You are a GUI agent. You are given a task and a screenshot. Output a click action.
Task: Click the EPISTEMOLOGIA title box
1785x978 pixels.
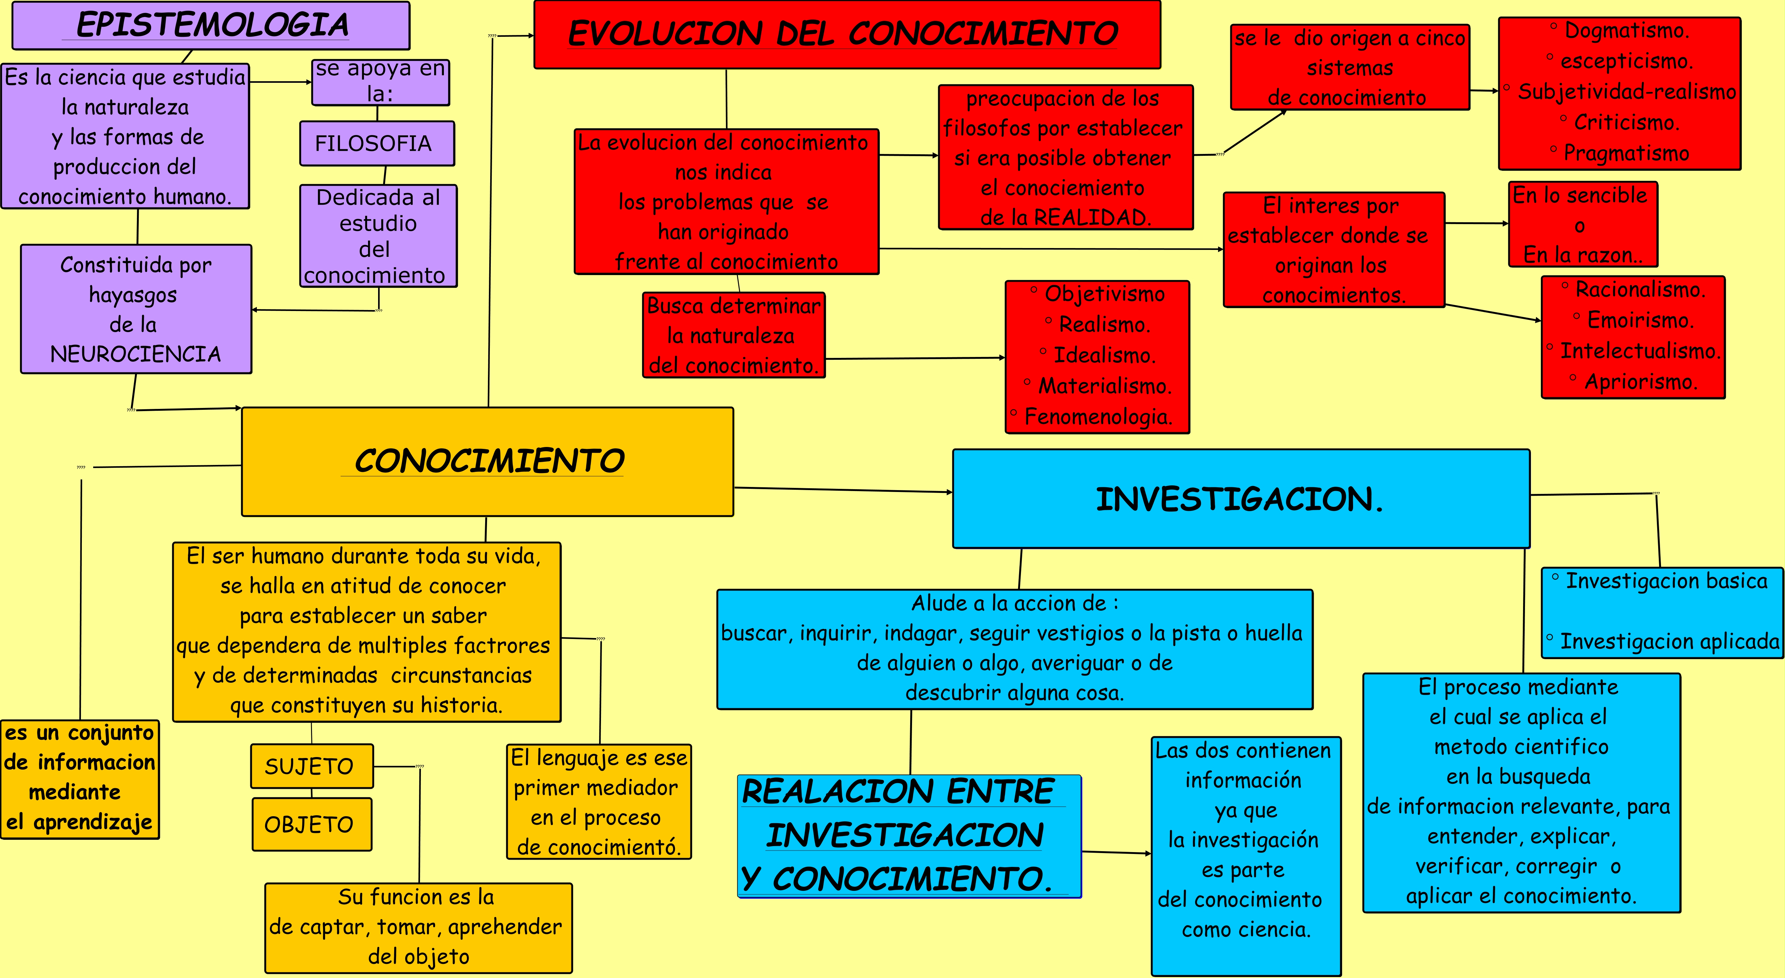(211, 25)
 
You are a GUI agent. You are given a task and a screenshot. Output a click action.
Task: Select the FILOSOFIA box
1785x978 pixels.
(377, 143)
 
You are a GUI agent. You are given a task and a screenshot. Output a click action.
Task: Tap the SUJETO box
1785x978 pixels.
(311, 766)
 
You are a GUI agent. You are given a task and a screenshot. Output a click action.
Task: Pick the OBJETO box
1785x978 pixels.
(311, 824)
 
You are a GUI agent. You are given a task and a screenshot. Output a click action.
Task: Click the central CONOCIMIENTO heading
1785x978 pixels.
(488, 461)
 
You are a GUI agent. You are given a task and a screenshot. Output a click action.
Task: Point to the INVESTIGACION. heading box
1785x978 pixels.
(1240, 499)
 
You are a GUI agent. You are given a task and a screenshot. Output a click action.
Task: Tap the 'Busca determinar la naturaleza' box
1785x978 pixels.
(734, 335)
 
